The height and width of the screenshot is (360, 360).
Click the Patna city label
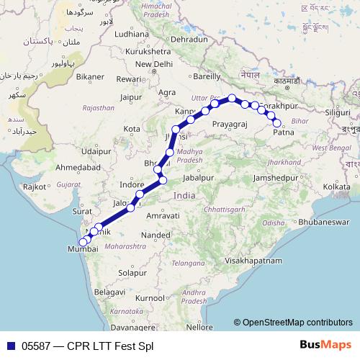284,132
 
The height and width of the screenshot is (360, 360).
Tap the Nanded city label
155,235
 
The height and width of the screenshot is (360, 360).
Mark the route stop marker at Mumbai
82,242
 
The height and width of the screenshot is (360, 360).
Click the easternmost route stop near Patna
277,123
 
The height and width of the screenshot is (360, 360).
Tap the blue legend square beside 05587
10,346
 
